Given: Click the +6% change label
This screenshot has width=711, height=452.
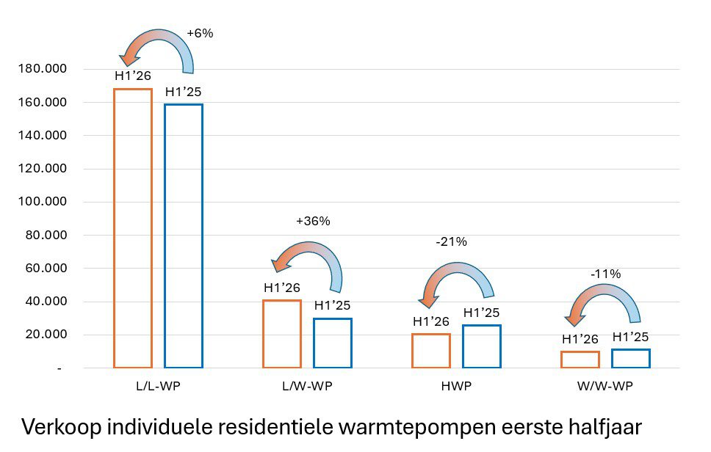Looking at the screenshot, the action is pos(200,33).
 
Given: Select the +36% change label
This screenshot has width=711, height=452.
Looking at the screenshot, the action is pos(313,221).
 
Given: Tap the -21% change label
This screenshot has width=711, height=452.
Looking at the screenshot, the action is pos(451,242).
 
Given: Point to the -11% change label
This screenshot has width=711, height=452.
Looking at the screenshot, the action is pos(605,274).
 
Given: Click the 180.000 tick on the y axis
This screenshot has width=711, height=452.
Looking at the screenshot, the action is pos(42,69).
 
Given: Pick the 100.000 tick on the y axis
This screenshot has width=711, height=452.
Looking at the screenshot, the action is pos(42,202).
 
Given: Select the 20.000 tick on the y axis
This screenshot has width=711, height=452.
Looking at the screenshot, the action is pos(46,335).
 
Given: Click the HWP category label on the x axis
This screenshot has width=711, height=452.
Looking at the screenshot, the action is pos(456,387).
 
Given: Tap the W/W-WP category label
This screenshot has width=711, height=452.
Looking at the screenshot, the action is pos(605,387).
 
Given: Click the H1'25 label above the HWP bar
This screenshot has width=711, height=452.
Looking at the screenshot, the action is pos(482,313).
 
